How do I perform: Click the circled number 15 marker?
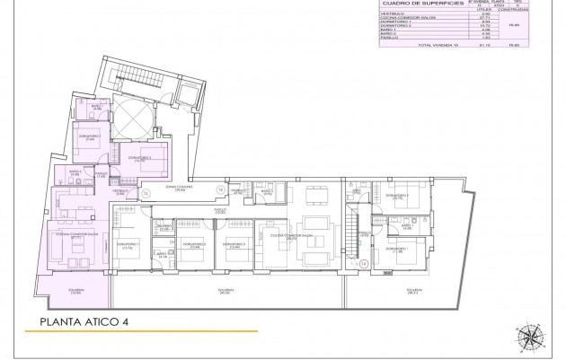pos(146,192)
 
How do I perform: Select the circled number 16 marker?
pos(222,189)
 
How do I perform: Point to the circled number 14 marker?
pos(364,263)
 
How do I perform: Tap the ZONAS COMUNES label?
pos(180,189)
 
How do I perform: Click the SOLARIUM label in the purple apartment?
pos(75,291)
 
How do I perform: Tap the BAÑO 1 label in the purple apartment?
pos(96,108)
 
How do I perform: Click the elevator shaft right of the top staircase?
pos(186,94)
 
